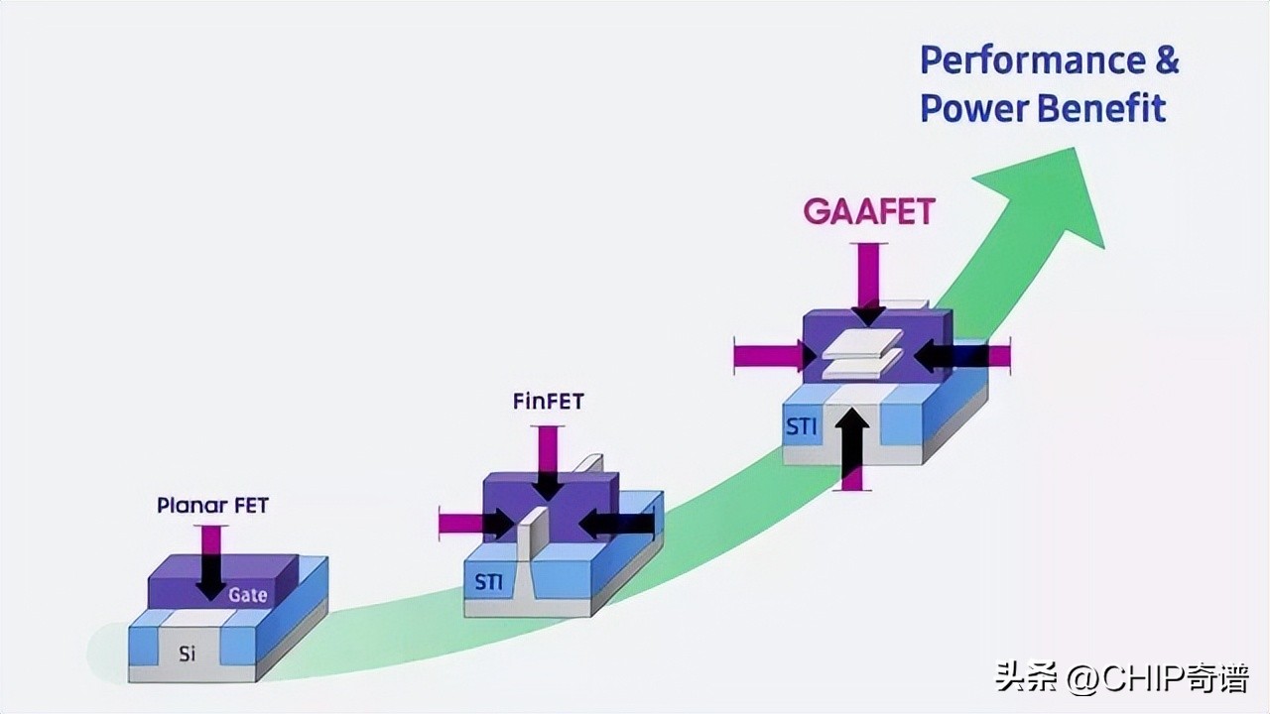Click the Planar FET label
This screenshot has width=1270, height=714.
[212, 506]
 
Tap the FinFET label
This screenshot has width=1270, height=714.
[549, 402]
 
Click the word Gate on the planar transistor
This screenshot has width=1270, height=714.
[247, 595]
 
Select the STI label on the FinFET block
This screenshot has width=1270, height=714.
[488, 582]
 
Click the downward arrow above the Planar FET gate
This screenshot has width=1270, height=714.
[210, 562]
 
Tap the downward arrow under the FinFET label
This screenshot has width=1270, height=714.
[547, 463]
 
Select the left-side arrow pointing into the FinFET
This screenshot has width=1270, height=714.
[476, 523]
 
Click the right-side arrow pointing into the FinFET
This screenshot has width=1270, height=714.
[616, 523]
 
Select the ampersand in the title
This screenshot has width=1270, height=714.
[1167, 61]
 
